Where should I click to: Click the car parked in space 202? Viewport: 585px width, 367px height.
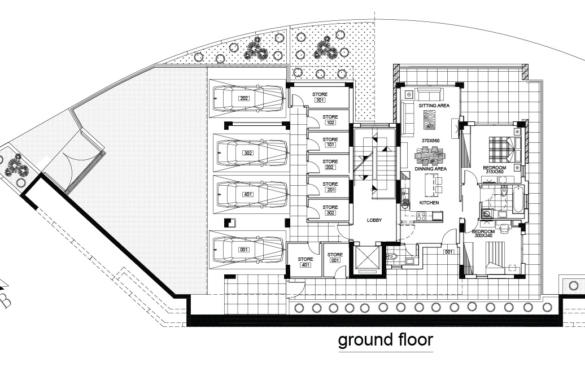point(248,98)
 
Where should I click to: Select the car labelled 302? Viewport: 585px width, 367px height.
point(252,153)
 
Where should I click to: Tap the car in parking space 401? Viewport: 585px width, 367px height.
point(252,194)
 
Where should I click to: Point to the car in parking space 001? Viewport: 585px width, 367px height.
point(248,250)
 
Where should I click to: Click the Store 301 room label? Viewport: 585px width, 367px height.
point(320,97)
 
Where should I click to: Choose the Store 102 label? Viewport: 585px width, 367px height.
point(330,119)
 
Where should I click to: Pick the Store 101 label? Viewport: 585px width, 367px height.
point(330,142)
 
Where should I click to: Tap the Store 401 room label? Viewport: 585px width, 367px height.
point(305,262)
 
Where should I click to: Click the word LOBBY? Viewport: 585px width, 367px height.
point(374,220)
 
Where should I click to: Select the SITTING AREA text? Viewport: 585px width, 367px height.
point(434,106)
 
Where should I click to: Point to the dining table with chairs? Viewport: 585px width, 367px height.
point(430,156)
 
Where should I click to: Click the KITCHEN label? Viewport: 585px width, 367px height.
point(429,203)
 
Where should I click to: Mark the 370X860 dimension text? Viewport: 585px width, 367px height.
point(430,141)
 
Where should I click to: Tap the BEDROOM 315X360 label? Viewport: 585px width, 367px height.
point(494,170)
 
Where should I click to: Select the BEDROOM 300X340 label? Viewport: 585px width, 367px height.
point(484,234)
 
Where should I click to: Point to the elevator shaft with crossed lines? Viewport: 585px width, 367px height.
point(367,257)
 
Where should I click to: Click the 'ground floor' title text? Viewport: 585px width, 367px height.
point(386,340)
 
